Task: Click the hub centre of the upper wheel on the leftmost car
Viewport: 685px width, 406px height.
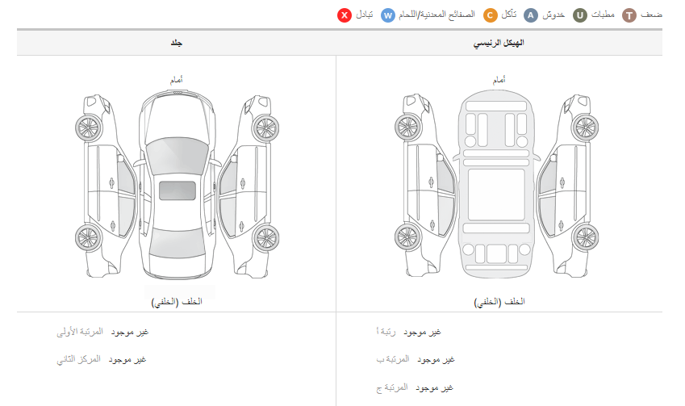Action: click(x=89, y=128)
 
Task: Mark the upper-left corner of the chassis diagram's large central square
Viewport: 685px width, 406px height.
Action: click(x=468, y=170)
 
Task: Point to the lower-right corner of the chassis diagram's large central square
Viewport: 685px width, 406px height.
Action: click(x=524, y=220)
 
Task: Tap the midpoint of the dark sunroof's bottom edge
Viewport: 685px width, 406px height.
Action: click(x=177, y=200)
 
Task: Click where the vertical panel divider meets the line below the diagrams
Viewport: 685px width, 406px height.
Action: click(x=336, y=312)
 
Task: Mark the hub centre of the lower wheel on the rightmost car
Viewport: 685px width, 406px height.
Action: click(x=586, y=238)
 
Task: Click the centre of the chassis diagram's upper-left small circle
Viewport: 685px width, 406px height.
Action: click(x=470, y=141)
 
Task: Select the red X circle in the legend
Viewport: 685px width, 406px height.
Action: click(x=345, y=15)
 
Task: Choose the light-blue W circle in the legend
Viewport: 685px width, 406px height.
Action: click(x=388, y=15)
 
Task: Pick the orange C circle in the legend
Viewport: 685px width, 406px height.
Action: click(x=491, y=15)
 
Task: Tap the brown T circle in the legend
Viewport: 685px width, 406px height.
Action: click(x=629, y=15)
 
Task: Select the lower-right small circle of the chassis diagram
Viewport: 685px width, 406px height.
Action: click(x=524, y=249)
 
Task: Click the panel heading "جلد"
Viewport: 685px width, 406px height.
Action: click(x=177, y=43)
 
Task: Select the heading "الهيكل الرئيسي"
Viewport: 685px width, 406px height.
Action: click(x=499, y=43)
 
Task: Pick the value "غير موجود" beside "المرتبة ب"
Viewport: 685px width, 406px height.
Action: click(x=436, y=360)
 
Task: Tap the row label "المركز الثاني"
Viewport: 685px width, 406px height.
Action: click(x=78, y=360)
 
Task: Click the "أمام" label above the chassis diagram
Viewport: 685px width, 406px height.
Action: click(x=499, y=80)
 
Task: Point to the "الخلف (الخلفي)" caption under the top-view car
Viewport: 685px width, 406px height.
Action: click(x=177, y=302)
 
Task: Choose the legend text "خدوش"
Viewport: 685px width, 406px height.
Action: click(x=553, y=15)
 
